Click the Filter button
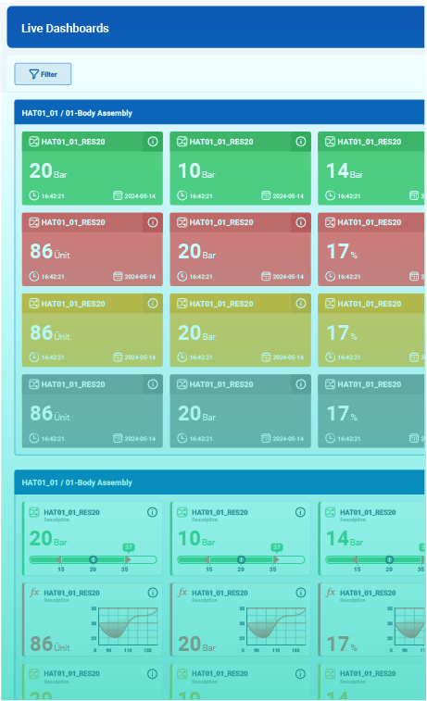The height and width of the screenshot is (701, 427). (x=43, y=74)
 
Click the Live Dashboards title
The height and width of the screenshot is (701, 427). (x=65, y=29)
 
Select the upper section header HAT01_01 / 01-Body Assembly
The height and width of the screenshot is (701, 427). (x=77, y=113)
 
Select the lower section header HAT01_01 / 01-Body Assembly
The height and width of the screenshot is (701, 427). (x=77, y=482)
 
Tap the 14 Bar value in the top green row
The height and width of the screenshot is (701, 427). (x=344, y=171)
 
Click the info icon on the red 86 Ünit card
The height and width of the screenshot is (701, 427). (x=153, y=222)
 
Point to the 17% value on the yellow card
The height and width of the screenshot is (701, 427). (x=342, y=332)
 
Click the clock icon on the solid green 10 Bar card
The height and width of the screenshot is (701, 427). (x=182, y=196)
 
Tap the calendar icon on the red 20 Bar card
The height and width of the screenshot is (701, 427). (x=266, y=276)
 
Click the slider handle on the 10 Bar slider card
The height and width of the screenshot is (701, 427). (x=241, y=559)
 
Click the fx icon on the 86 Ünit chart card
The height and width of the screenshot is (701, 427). (x=34, y=593)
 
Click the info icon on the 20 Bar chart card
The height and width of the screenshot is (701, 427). (x=300, y=593)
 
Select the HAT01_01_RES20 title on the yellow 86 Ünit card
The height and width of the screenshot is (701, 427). (x=72, y=304)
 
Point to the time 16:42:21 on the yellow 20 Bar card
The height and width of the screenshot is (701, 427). (x=201, y=357)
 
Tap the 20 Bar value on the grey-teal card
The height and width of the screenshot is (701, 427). (x=196, y=414)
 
